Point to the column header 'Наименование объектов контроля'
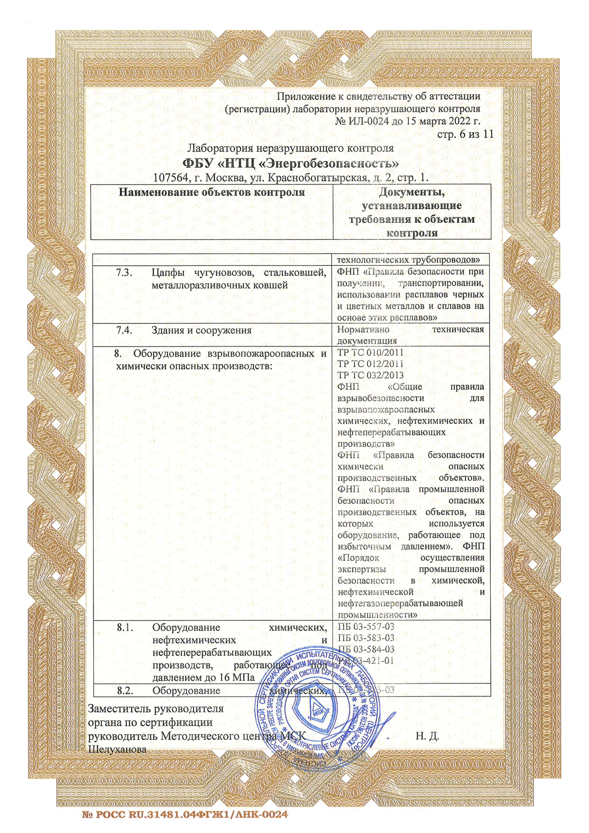[212, 192]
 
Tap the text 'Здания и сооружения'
[202, 331]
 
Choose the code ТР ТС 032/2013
[370, 375]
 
